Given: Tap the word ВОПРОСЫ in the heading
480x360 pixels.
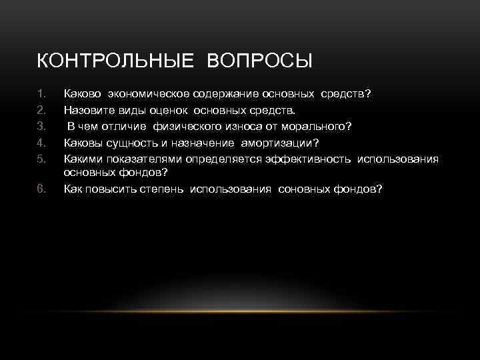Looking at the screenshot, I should point(260,61).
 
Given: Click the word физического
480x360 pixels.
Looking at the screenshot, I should point(182,125).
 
